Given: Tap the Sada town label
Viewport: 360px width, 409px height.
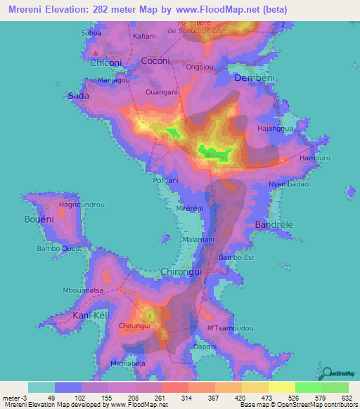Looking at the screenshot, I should [x=77, y=96].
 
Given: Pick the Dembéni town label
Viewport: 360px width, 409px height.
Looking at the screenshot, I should [x=253, y=77].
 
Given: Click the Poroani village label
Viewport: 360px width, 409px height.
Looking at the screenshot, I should [x=167, y=181].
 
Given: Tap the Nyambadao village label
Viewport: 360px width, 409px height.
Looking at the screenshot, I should [x=289, y=184].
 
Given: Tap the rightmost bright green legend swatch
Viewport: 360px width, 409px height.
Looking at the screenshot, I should [x=335, y=387].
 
